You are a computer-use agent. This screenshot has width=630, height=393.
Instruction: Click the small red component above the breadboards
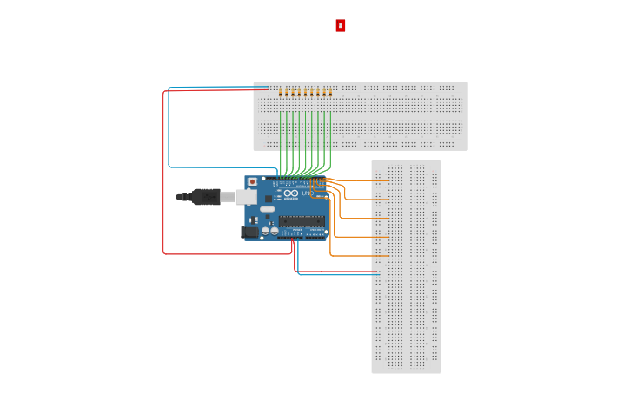pyautogui.click(x=341, y=26)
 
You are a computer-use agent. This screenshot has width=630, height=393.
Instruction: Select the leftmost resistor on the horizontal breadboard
pyautogui.click(x=280, y=92)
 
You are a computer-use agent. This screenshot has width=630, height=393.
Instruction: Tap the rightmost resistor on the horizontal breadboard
pyautogui.click(x=330, y=92)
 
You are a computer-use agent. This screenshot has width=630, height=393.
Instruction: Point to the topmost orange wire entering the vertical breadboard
pyautogui.click(x=365, y=180)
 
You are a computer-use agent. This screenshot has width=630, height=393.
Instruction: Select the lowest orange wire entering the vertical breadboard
pyautogui.click(x=356, y=256)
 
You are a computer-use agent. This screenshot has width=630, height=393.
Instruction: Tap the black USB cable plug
pyautogui.click(x=205, y=197)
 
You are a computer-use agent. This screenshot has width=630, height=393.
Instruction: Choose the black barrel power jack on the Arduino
pyautogui.click(x=249, y=232)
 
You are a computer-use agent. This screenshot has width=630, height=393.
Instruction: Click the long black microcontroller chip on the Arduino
pyautogui.click(x=302, y=221)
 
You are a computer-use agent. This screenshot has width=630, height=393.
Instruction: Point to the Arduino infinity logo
pyautogui.click(x=291, y=193)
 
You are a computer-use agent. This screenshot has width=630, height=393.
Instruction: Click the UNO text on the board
pyautogui.click(x=307, y=193)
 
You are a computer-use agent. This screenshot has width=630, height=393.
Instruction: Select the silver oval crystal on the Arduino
pyautogui.click(x=267, y=209)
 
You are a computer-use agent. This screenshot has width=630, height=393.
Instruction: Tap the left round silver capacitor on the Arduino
pyautogui.click(x=264, y=231)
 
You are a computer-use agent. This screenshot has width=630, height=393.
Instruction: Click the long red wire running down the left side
pyautogui.click(x=163, y=174)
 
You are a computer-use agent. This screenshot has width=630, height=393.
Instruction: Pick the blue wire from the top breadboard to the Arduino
pyautogui.click(x=169, y=130)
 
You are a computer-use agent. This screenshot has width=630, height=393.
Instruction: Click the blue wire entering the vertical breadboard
pyautogui.click(x=339, y=275)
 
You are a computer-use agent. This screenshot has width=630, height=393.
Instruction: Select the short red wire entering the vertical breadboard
pyautogui.click(x=339, y=271)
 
